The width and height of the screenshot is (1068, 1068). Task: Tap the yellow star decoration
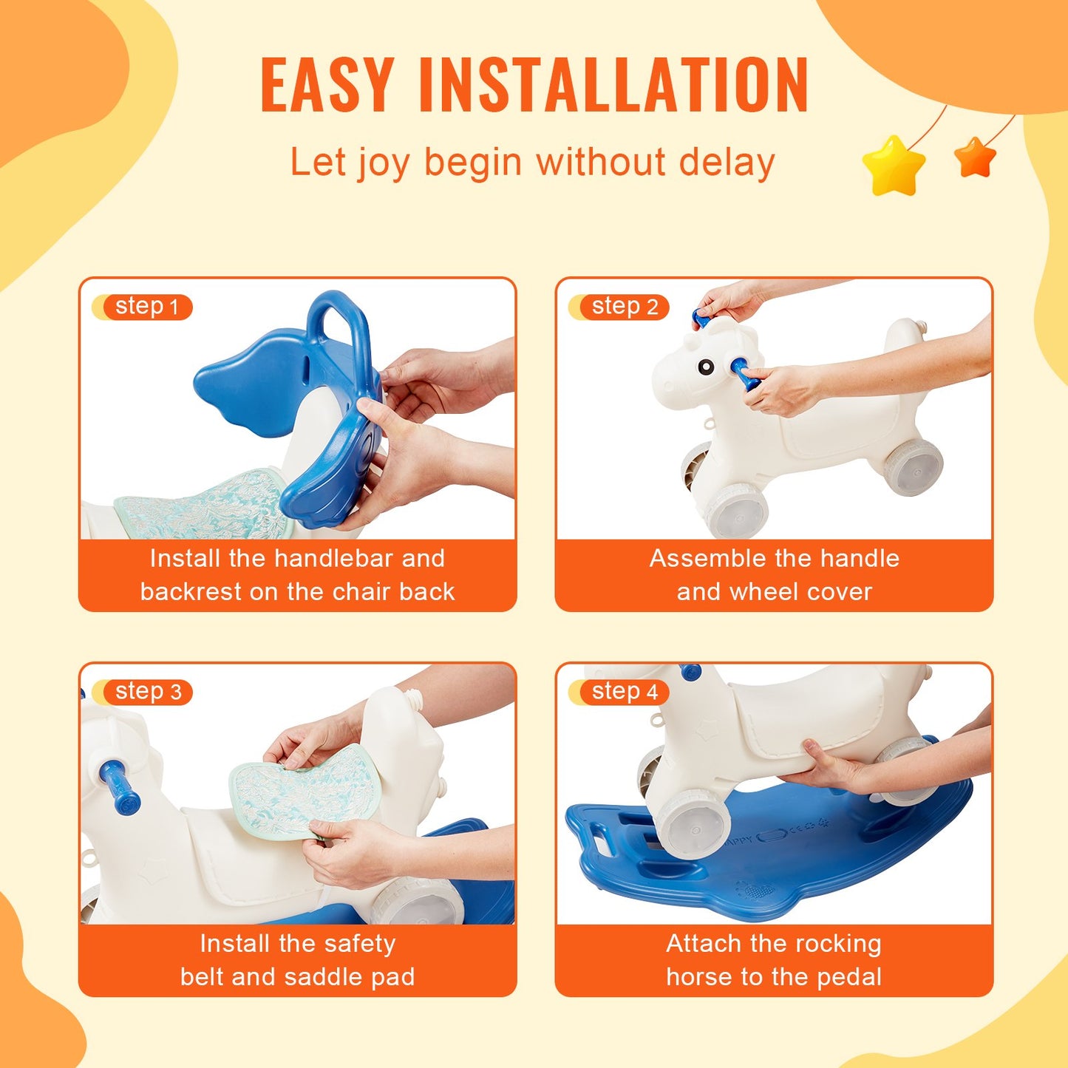tap(894, 166)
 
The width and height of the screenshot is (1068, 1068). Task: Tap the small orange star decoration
tap(975, 157)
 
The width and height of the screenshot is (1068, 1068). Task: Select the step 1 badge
tap(146, 307)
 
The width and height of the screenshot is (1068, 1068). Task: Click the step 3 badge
tap(146, 692)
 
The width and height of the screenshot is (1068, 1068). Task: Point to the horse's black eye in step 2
tap(706, 367)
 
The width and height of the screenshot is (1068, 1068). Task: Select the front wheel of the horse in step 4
tap(691, 824)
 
